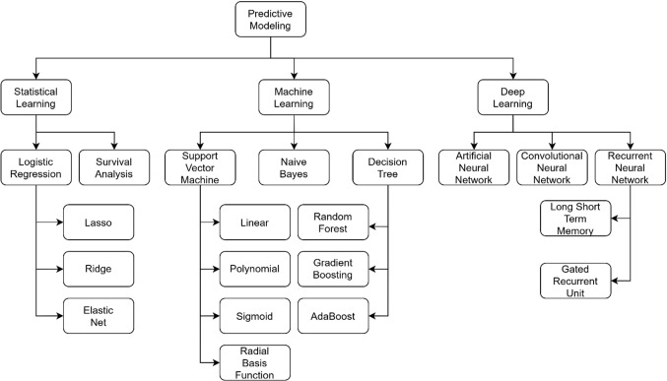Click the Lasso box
coord(99,223)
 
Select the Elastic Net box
coord(99,314)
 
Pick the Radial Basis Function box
coord(254,361)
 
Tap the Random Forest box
coord(332,223)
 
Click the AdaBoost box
coord(332,314)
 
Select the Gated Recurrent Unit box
coord(576,279)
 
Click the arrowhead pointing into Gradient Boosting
coord(372,269)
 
